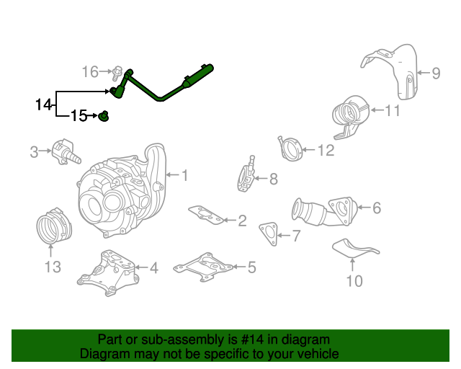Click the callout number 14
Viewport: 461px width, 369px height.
pos(43,105)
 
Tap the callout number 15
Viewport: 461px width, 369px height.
pos(79,115)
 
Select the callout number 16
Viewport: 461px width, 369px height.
pos(90,72)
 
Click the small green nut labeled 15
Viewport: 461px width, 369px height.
pos(104,116)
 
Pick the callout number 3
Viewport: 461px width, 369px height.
pos(34,152)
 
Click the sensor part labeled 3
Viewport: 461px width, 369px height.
pos(66,152)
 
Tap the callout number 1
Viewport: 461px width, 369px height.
pos(184,175)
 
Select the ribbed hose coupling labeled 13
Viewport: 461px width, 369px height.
pos(54,226)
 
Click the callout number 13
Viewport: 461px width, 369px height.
pos(53,267)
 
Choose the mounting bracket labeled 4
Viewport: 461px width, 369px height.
pos(107,273)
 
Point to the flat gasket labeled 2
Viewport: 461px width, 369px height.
pos(206,215)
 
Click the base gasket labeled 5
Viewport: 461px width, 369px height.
pos(203,267)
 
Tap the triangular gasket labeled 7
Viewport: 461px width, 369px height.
pos(269,234)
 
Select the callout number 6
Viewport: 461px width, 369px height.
pos(377,208)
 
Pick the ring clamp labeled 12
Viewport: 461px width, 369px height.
pos(290,149)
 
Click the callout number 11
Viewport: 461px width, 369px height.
pos(392,111)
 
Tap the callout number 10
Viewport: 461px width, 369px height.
pos(354,281)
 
